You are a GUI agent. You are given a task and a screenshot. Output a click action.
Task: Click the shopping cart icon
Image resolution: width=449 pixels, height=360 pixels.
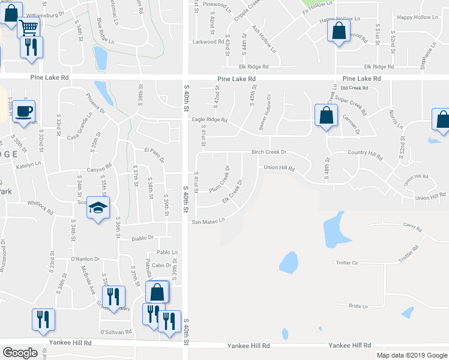29,26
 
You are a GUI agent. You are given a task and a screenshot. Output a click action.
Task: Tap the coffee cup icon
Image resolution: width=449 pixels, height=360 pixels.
24,111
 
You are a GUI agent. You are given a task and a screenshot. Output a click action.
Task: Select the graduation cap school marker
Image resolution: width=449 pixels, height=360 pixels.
98,208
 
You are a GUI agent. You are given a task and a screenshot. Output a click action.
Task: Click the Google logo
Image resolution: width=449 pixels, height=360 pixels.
20,353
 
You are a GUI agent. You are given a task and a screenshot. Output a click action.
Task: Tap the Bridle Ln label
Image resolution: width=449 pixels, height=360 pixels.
358,306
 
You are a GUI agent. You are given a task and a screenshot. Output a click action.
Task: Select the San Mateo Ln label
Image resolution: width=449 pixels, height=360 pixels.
208,221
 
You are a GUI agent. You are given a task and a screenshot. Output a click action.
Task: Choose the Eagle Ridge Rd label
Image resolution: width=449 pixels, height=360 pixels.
209,119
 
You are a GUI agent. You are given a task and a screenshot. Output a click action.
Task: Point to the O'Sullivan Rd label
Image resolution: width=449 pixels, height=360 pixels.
115,331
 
